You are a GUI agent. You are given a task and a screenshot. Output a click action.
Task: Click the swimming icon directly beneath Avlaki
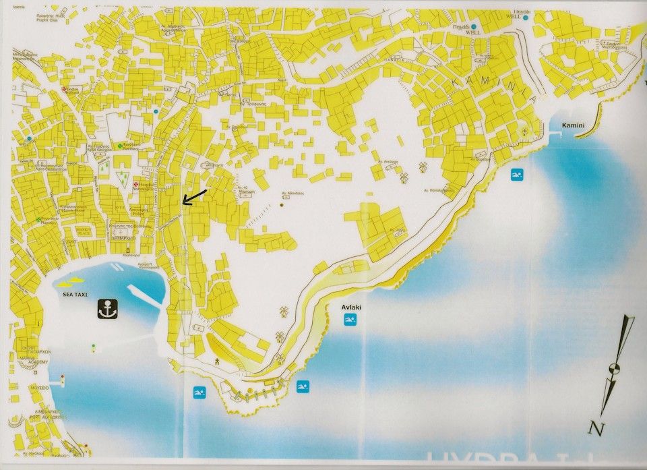(350, 319)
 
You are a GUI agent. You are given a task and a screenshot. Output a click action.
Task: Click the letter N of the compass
(594, 428)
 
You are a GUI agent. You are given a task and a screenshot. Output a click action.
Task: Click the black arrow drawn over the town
(194, 196)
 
